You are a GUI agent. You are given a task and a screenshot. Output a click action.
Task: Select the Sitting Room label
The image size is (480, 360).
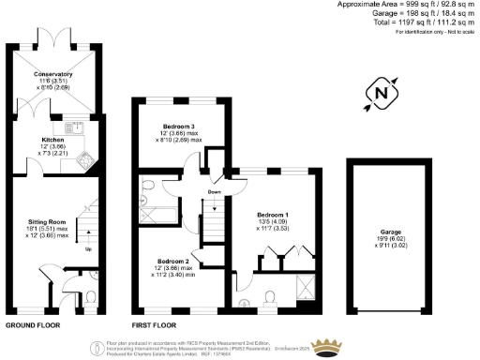click(44, 221)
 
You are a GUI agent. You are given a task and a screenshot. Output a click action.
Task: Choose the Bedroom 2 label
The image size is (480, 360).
click(174, 261)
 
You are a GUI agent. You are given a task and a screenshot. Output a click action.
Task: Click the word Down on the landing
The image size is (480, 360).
click(215, 194)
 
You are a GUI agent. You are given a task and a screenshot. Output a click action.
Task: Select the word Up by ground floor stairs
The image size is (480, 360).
click(89, 249)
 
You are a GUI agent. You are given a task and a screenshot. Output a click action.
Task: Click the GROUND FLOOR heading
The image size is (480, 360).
click(36, 324)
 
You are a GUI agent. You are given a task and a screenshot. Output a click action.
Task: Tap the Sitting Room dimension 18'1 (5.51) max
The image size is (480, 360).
click(44, 228)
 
